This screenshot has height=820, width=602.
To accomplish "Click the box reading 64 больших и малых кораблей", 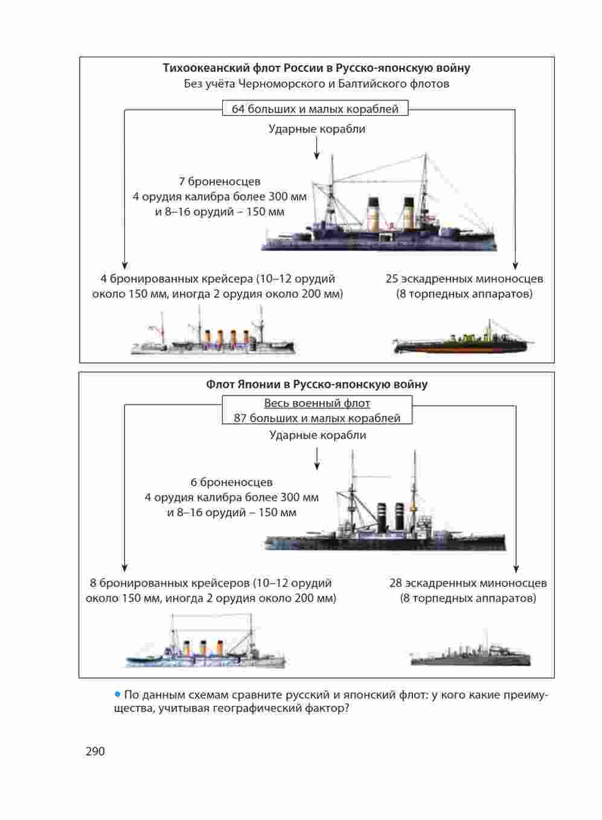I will (x=315, y=109).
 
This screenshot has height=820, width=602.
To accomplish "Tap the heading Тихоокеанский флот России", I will (x=316, y=68).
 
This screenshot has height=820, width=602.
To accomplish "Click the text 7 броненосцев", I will (x=219, y=181).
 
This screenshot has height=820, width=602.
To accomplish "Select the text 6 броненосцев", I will (x=231, y=482).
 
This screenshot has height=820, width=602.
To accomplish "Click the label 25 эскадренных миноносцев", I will (x=464, y=279).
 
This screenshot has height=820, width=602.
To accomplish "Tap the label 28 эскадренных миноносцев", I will (x=468, y=583).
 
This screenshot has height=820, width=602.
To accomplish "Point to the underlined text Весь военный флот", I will (x=317, y=403).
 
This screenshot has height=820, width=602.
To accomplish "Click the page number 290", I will (x=95, y=752).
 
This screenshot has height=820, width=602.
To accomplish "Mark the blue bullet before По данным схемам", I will (x=118, y=694).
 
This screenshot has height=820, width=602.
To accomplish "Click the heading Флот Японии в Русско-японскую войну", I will (x=316, y=385).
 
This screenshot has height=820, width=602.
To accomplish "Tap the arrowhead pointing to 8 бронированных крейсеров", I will (x=124, y=568).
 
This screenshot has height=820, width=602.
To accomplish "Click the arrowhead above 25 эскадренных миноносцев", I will (x=516, y=265).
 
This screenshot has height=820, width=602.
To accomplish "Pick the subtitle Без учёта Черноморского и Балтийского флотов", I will (x=316, y=84).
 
